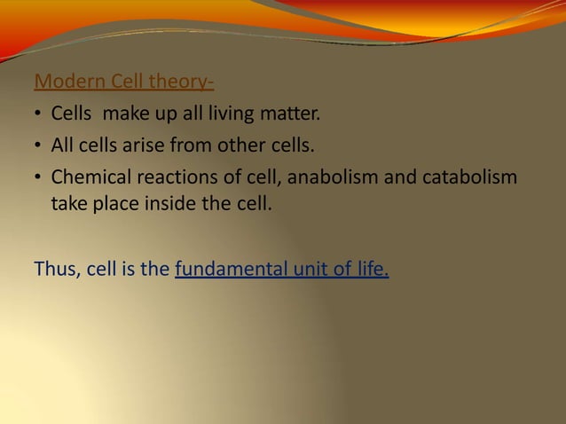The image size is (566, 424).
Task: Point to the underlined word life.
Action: [369, 268]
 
